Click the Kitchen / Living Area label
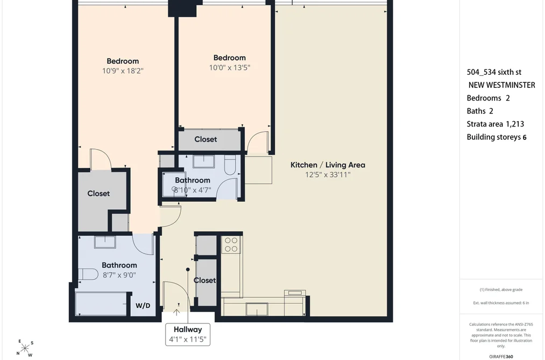click(x=328, y=165)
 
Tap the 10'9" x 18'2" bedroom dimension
click(x=123, y=71)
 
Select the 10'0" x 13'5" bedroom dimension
click(x=229, y=67)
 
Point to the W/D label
click(x=143, y=306)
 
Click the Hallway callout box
click(x=188, y=334)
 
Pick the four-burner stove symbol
click(x=231, y=244)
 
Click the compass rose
click(x=25, y=348)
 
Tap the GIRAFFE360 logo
click(x=501, y=357)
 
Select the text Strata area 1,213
click(x=496, y=124)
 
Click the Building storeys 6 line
click(x=497, y=137)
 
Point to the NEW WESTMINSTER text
click(x=501, y=85)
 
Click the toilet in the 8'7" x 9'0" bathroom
click(x=88, y=274)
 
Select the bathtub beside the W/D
click(x=101, y=303)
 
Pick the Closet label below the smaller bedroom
click(x=206, y=139)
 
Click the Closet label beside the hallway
click(x=205, y=280)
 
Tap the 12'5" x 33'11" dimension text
click(x=328, y=175)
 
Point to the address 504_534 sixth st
click(x=494, y=72)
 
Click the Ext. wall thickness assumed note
click(x=501, y=303)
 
